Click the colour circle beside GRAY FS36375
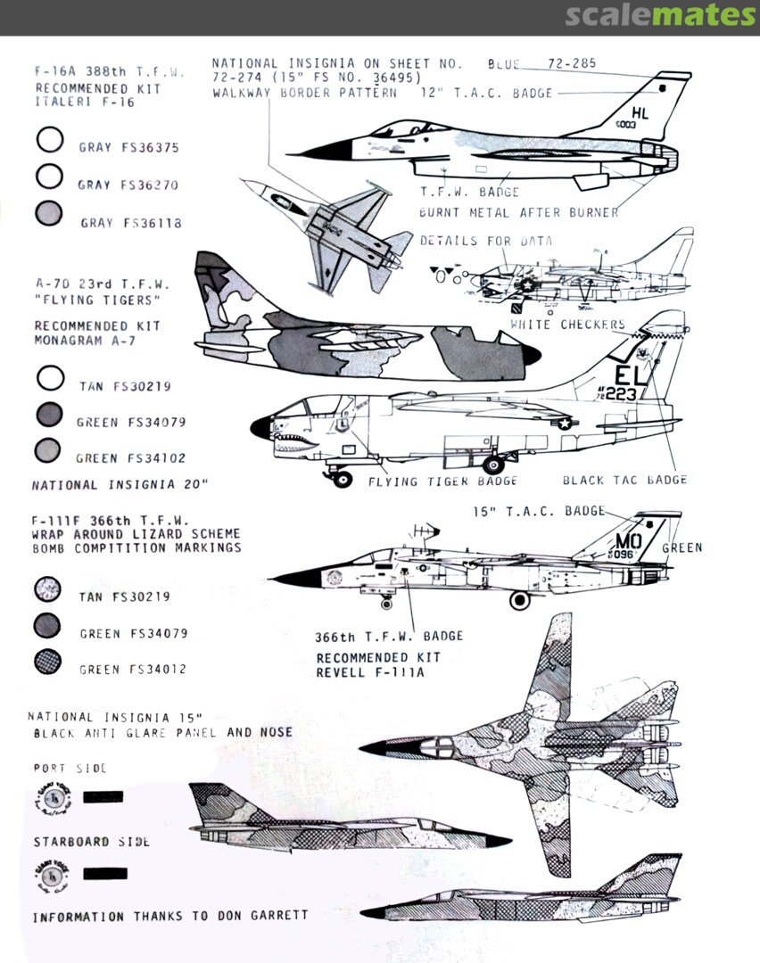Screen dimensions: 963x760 coord(50,141)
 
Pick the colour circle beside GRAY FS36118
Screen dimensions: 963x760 coord(50,213)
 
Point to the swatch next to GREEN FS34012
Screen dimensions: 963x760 coord(47,662)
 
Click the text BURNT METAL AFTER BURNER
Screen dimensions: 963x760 coord(518,213)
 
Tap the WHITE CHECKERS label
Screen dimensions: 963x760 coord(567,325)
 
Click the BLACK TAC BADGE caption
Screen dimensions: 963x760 coord(624,481)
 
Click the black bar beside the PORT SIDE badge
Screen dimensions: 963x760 coord(103,796)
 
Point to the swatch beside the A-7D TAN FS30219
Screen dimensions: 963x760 coord(50,380)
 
